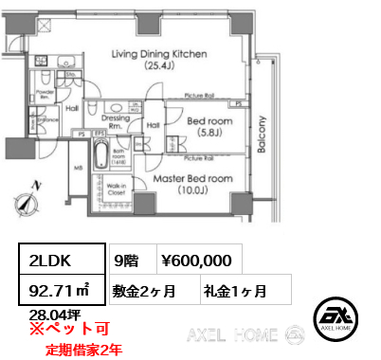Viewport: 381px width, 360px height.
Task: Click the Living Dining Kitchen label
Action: tap(158, 61)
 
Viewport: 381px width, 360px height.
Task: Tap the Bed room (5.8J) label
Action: tap(204, 127)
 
